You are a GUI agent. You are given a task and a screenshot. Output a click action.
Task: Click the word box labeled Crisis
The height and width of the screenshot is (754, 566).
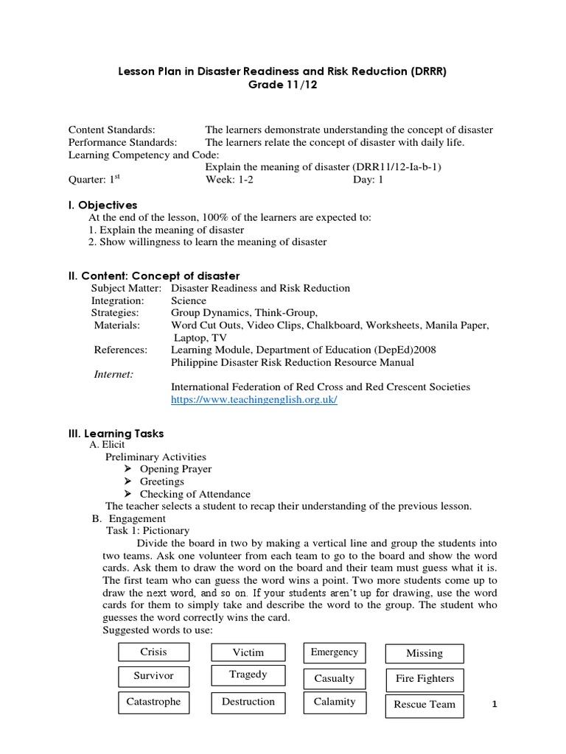click(153, 652)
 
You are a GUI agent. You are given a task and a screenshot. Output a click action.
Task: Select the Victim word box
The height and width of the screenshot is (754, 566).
click(248, 652)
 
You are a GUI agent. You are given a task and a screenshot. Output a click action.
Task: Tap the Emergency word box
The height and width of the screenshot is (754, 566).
click(335, 652)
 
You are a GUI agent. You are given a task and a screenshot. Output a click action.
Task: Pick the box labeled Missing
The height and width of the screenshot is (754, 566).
click(424, 653)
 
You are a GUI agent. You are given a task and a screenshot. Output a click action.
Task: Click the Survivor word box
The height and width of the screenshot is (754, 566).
click(153, 676)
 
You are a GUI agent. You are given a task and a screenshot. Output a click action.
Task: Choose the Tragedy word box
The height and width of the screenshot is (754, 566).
click(248, 674)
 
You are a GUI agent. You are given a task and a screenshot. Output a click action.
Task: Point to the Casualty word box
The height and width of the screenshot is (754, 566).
click(335, 678)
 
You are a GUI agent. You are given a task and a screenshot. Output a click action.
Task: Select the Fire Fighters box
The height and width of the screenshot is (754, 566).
click(424, 678)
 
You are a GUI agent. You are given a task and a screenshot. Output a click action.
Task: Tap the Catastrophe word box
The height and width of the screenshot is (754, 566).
click(153, 702)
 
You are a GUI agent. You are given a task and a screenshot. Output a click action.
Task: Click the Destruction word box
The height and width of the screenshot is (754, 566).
click(248, 702)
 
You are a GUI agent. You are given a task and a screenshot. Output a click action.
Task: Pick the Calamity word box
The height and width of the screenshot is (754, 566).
click(335, 702)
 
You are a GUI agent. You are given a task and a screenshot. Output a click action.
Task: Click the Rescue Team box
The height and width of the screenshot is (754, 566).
click(424, 704)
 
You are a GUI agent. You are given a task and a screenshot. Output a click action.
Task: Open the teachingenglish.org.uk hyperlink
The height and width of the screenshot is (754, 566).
click(254, 399)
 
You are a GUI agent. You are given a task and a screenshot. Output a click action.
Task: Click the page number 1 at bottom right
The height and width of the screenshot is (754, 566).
click(495, 705)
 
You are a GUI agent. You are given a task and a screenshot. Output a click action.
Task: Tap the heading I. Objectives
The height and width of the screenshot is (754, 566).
click(102, 205)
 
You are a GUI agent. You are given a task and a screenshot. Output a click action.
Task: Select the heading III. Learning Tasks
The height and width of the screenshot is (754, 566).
click(116, 434)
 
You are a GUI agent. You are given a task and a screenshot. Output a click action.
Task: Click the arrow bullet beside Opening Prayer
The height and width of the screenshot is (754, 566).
click(127, 469)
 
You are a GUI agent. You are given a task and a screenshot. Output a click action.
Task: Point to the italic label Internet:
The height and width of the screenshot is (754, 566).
click(113, 374)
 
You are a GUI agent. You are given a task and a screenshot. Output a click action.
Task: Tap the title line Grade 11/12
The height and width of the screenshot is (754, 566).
click(282, 85)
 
